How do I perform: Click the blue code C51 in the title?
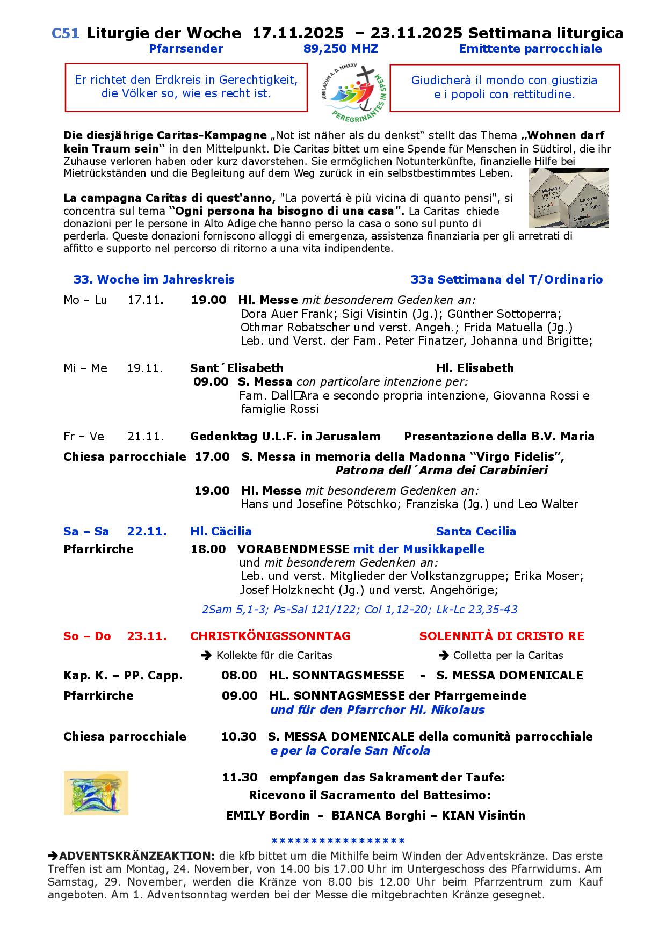tap(66, 33)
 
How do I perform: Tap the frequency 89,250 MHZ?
tap(341, 49)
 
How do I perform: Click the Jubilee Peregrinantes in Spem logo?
tap(349, 88)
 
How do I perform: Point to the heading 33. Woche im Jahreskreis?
tap(154, 279)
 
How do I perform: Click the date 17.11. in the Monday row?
tap(145, 300)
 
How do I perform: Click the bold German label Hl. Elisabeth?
tap(475, 368)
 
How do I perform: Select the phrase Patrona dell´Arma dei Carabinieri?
tap(441, 470)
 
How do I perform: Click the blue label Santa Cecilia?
tap(476, 531)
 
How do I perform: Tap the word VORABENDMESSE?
tap(293, 549)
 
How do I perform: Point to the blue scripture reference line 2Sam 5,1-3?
tap(359, 610)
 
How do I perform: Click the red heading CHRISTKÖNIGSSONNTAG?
tap(270, 636)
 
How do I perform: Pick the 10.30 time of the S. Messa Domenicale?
tap(238, 736)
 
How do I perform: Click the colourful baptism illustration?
tap(96, 793)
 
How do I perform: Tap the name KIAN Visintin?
tap(483, 815)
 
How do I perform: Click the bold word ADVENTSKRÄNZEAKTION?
tap(137, 856)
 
